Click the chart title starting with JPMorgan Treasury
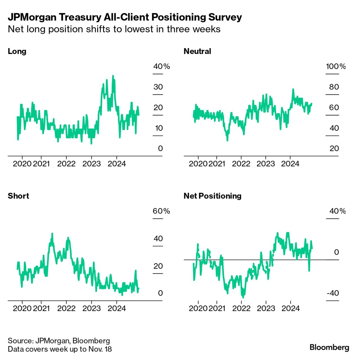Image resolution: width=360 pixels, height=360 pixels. click(x=125, y=17)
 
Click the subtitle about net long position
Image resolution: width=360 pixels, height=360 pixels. click(x=114, y=29)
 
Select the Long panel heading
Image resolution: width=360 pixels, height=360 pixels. click(x=17, y=51)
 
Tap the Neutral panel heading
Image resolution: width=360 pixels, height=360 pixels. click(x=197, y=51)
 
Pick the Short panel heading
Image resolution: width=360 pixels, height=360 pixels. click(x=18, y=196)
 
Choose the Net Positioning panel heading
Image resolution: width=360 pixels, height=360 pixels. click(x=212, y=196)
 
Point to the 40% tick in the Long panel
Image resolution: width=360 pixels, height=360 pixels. click(x=161, y=66)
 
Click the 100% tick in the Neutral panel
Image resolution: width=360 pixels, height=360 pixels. click(x=336, y=66)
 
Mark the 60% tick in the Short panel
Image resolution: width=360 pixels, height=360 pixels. click(x=161, y=211)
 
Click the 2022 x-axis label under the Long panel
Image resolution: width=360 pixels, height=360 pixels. click(x=66, y=164)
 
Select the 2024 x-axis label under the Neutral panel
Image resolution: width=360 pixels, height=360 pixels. click(x=290, y=164)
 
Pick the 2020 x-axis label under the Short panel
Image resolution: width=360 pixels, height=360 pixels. click(x=22, y=308)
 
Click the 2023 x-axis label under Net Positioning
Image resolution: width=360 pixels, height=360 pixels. click(x=266, y=308)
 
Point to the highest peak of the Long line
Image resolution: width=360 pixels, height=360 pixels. click(x=113, y=76)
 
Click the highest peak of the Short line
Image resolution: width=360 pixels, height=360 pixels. click(x=52, y=234)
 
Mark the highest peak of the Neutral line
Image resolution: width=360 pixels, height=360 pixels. click(x=293, y=89)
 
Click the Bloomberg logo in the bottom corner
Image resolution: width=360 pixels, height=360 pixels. click(x=329, y=347)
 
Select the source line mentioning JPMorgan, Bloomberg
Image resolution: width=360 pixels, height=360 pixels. click(x=59, y=341)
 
